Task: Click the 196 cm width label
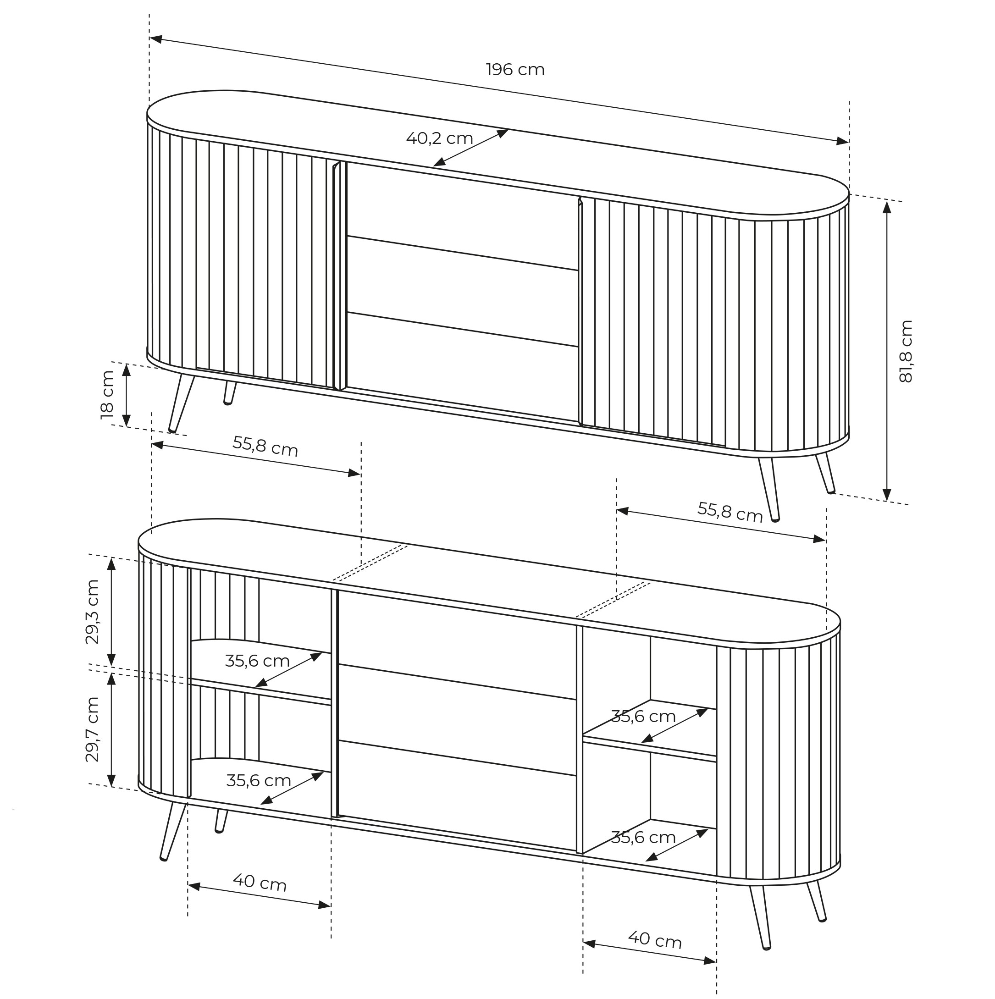click(515, 70)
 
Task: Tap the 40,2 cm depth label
click(439, 138)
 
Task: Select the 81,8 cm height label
click(906, 351)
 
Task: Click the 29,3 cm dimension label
click(92, 611)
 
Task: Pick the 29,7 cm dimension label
click(92, 729)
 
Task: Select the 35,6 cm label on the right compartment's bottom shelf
click(643, 837)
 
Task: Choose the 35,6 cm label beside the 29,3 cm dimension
click(257, 661)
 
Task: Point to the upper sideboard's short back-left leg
click(230, 393)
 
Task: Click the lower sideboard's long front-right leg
click(761, 917)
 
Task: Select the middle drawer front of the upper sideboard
click(462, 291)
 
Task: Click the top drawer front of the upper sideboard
click(462, 216)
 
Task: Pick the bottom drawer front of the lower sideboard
click(457, 795)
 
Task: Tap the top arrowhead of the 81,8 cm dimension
click(887, 207)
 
